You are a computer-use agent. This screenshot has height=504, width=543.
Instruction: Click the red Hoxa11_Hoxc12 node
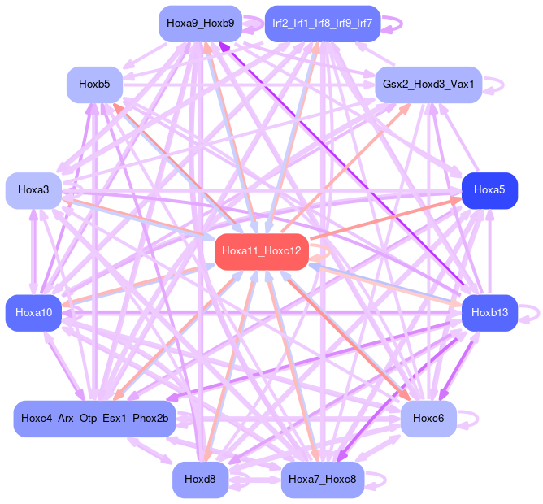[x=261, y=252]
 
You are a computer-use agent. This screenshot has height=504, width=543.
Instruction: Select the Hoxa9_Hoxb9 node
[x=200, y=24]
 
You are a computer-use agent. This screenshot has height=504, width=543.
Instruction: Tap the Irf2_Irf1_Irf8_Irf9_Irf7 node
[x=323, y=24]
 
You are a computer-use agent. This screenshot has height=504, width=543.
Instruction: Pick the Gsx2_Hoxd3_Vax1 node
[x=428, y=85]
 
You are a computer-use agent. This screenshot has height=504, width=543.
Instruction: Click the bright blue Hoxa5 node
[x=489, y=190]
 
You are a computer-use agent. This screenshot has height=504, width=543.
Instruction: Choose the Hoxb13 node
[x=489, y=313]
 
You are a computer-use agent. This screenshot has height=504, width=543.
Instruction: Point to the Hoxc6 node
[x=428, y=419]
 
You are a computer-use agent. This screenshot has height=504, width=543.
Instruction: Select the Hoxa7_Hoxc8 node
[x=323, y=480]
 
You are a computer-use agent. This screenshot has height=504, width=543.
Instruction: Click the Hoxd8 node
[x=200, y=480]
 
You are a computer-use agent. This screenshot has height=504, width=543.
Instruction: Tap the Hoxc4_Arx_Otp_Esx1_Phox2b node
[x=95, y=419]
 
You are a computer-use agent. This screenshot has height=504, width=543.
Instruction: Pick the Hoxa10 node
[x=33, y=313]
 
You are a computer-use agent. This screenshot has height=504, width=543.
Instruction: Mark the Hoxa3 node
[x=33, y=190]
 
